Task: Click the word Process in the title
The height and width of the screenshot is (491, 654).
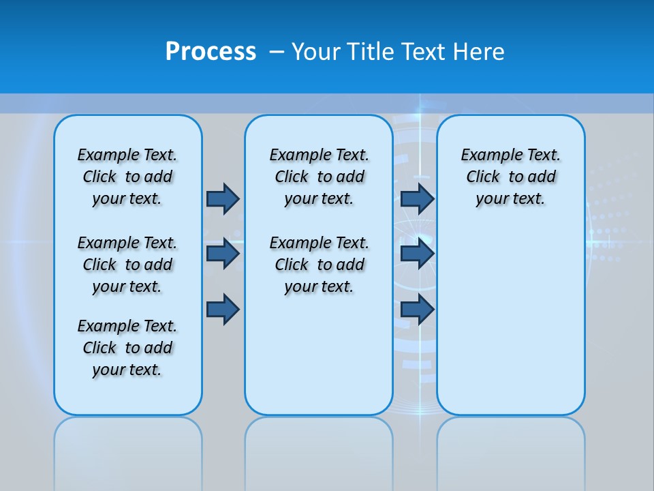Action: pyautogui.click(x=211, y=52)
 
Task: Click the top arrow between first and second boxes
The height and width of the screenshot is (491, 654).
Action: pyautogui.click(x=223, y=198)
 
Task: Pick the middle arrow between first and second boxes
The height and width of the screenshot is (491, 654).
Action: pyautogui.click(x=223, y=254)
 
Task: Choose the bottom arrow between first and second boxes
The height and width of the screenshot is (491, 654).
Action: pyautogui.click(x=223, y=310)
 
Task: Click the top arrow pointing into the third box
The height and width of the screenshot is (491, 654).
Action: pyautogui.click(x=417, y=198)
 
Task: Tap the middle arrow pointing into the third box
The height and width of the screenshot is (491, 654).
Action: pyautogui.click(x=417, y=254)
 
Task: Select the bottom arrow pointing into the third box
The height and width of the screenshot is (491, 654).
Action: pyautogui.click(x=417, y=310)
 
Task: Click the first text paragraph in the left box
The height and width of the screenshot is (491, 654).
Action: pyautogui.click(x=127, y=177)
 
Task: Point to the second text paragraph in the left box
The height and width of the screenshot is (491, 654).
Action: pyautogui.click(x=127, y=265)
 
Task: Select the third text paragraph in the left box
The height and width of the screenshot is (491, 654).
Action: pyautogui.click(x=127, y=348)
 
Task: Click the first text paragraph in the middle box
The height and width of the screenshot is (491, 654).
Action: pyautogui.click(x=319, y=177)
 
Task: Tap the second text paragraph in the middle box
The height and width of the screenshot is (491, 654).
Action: pyautogui.click(x=319, y=265)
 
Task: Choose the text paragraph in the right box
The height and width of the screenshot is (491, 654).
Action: pyautogui.click(x=510, y=177)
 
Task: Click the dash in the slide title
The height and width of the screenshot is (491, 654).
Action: pyautogui.click(x=277, y=52)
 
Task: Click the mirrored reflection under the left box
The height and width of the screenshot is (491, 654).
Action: pyautogui.click(x=128, y=450)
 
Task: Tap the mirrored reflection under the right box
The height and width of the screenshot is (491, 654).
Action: pyautogui.click(x=511, y=450)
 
